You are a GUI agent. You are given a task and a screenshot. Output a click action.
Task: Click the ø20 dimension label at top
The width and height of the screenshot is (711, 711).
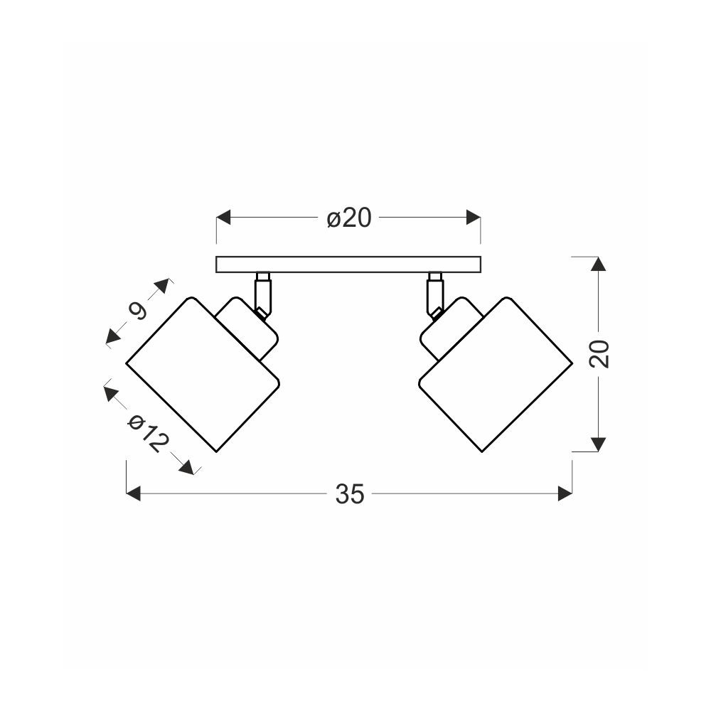point(349,218)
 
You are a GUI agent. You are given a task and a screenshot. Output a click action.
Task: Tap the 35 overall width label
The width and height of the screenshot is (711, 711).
point(350,494)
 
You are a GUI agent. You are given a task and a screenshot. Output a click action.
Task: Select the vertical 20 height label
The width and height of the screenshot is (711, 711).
point(599,353)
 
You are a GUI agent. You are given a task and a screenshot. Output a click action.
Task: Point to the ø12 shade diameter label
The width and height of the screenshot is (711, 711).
point(149,434)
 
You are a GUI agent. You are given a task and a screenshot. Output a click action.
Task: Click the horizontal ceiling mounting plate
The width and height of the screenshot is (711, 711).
point(348,264)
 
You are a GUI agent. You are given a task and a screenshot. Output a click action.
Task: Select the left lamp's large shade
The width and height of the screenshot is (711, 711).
point(202,374)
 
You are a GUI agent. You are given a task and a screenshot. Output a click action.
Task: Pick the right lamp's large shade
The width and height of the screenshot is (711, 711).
point(496,374)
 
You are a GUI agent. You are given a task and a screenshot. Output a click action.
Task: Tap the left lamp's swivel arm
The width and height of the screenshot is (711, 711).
point(263,296)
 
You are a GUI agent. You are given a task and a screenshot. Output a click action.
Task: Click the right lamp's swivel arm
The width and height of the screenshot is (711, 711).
point(435,296)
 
